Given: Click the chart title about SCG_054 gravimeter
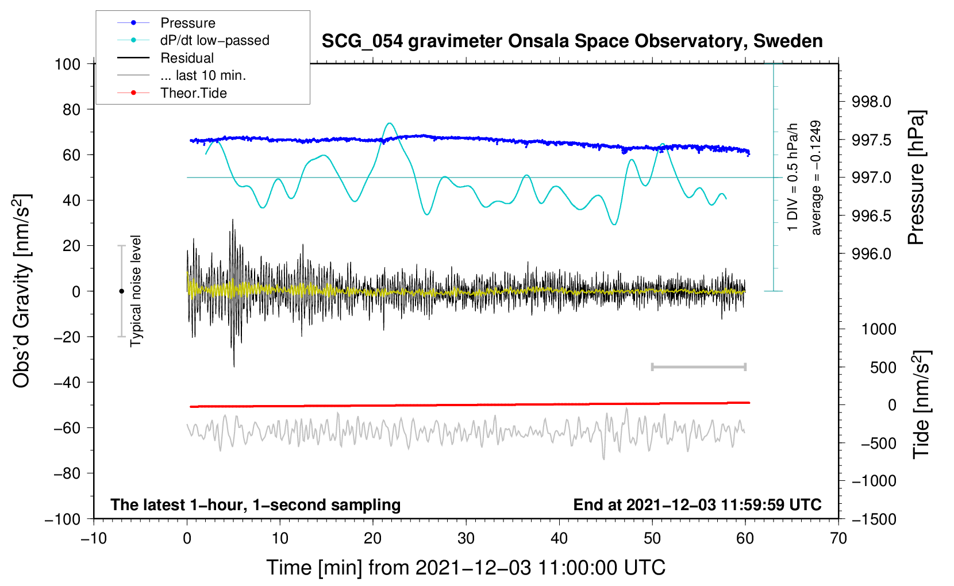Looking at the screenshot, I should (x=572, y=41).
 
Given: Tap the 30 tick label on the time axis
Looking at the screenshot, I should (x=466, y=538).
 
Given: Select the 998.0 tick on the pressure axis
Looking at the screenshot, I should (x=871, y=102).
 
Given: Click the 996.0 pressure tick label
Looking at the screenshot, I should (x=871, y=254).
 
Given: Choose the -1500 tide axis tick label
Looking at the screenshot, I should (x=874, y=519).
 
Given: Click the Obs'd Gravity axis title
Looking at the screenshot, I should (x=21, y=291).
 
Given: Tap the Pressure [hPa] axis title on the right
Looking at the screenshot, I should (x=917, y=178).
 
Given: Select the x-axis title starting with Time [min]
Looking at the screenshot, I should (x=466, y=568).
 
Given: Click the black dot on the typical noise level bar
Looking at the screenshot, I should (x=121, y=291).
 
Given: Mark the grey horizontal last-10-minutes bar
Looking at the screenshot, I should (x=698, y=367).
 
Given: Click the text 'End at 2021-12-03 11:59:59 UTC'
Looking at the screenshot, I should (x=697, y=505).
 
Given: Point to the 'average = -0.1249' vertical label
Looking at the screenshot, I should (x=815, y=178).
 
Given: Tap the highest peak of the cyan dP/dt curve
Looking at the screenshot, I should (x=390, y=123).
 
